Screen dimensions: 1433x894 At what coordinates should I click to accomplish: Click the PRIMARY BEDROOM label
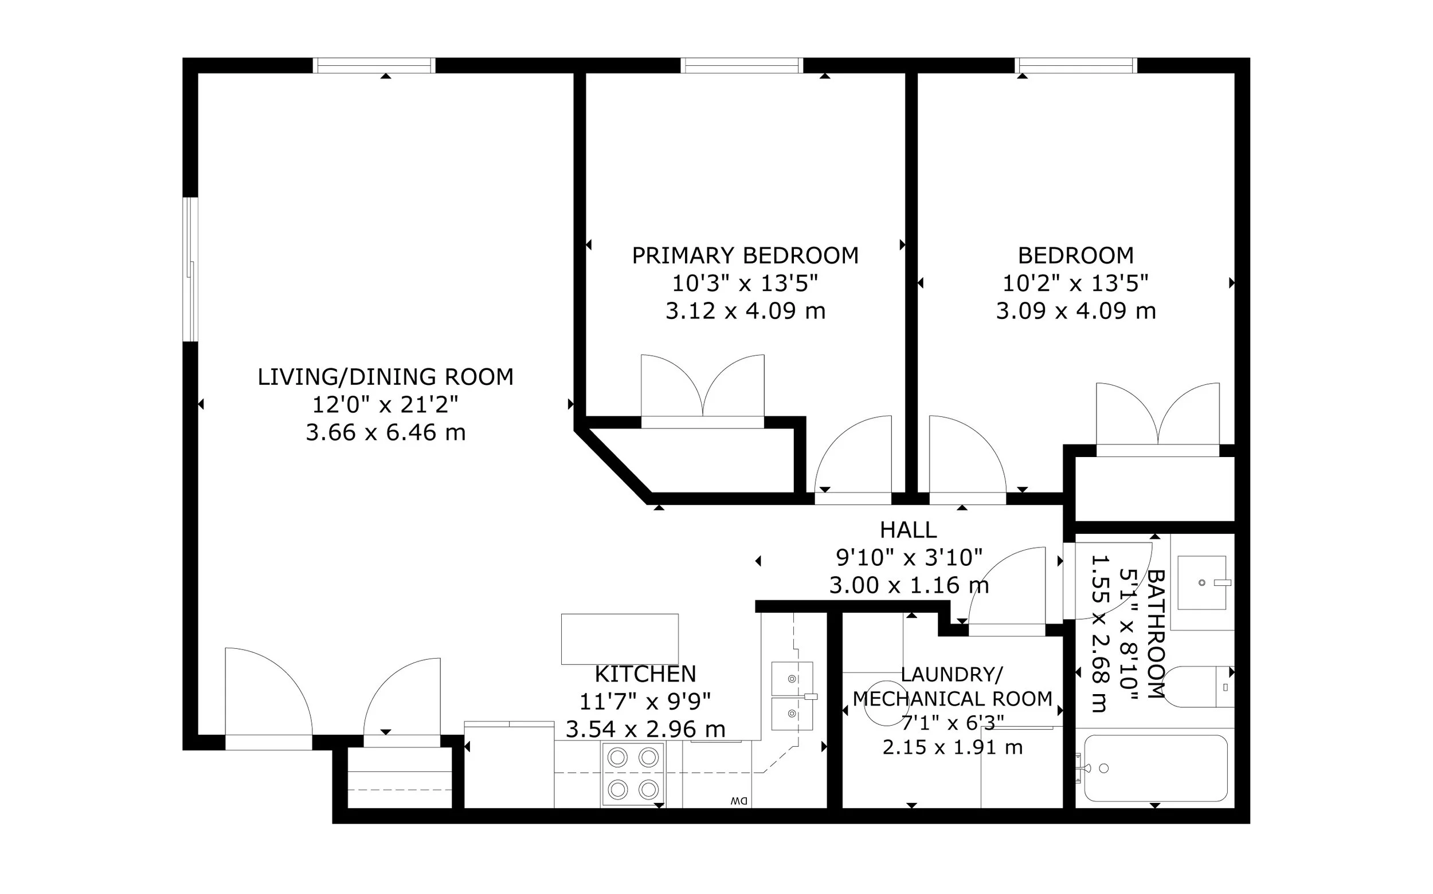pos(745,255)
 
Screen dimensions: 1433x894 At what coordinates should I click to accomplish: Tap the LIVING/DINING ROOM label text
pos(385,377)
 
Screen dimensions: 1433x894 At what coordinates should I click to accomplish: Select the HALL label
pos(908,530)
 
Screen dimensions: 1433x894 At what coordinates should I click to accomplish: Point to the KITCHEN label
pos(645,674)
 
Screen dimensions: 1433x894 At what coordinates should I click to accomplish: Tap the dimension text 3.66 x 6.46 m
pos(385,433)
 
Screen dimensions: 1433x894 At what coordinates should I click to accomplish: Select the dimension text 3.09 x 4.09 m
pos(1076,311)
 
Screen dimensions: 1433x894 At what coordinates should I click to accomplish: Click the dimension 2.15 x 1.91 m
pos(953,747)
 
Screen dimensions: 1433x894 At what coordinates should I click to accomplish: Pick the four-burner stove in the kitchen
pos(632,774)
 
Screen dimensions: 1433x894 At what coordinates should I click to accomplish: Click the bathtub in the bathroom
pos(1155,768)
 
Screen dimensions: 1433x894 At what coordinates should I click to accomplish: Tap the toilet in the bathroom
pos(1198,687)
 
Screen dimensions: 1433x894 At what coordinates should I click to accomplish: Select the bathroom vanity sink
pos(1201,582)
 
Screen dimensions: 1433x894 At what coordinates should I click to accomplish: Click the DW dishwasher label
pos(739,801)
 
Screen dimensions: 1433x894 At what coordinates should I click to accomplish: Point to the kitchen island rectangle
pos(620,639)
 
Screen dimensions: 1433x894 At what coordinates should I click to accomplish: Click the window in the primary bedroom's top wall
pos(741,65)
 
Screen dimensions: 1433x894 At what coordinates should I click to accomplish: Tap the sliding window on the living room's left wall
pos(190,269)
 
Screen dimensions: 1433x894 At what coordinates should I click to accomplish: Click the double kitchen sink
pos(792,695)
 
